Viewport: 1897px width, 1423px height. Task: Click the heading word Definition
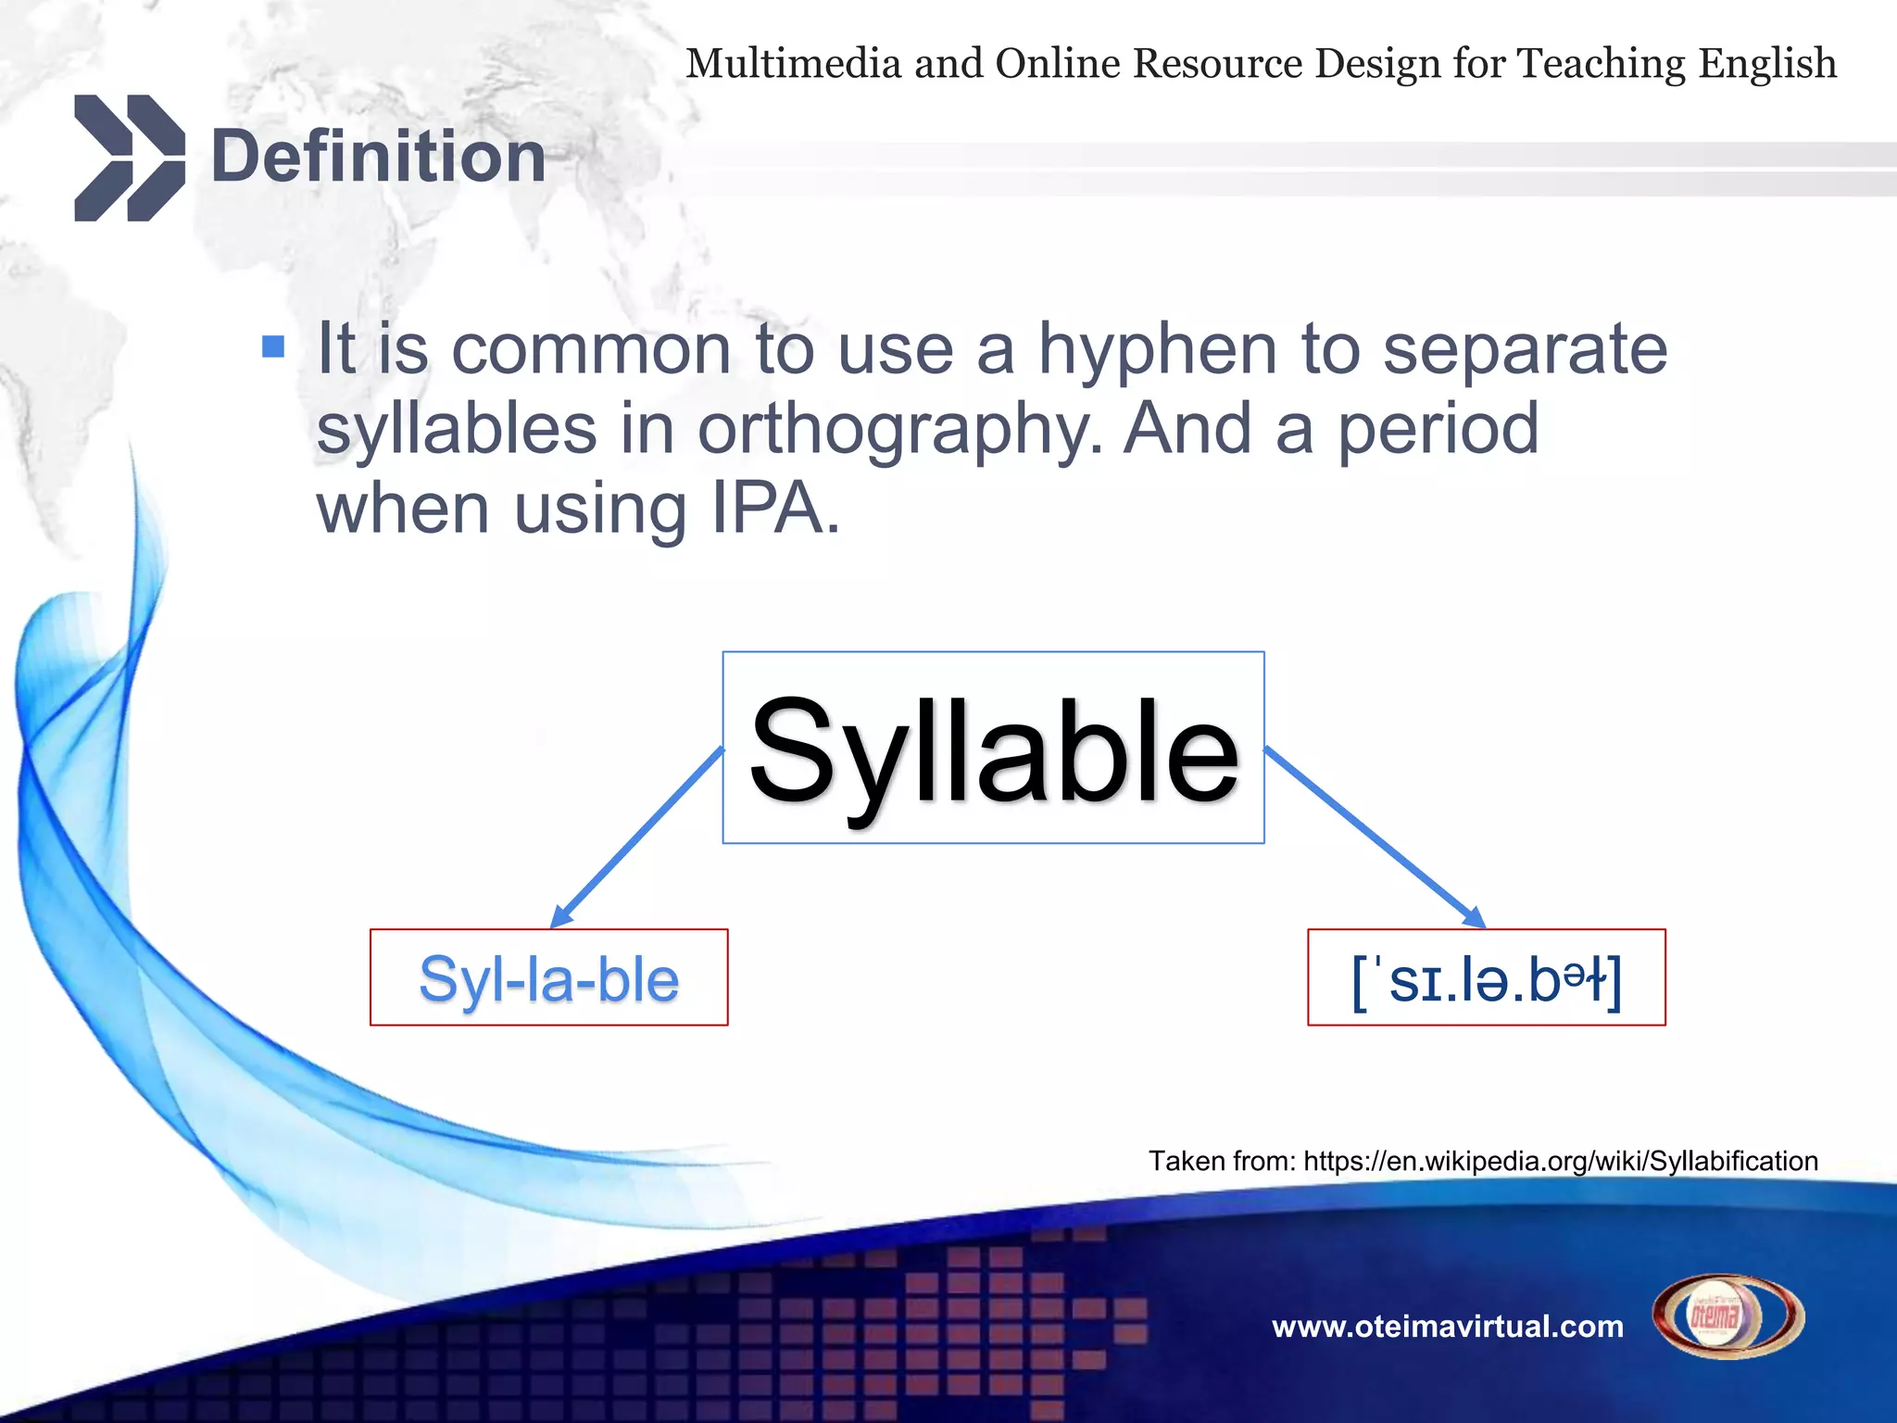pos(378,157)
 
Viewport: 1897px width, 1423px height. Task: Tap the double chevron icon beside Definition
pos(129,157)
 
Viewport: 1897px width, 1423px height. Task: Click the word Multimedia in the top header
pos(793,64)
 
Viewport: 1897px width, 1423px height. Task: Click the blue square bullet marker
pos(273,346)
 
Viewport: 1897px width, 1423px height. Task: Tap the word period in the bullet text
pos(1438,430)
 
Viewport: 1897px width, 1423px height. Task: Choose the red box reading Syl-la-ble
pos(548,978)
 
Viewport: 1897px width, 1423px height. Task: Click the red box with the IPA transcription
pos(1486,978)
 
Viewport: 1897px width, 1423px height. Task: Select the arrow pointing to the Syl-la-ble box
pos(637,837)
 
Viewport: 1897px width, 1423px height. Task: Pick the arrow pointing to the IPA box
pos(1375,837)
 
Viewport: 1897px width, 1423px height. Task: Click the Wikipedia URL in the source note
pos(1560,1161)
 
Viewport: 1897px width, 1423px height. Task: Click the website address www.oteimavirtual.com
pos(1447,1327)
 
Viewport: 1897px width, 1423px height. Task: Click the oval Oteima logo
pos(1728,1316)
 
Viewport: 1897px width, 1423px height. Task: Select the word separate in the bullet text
pos(1525,350)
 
